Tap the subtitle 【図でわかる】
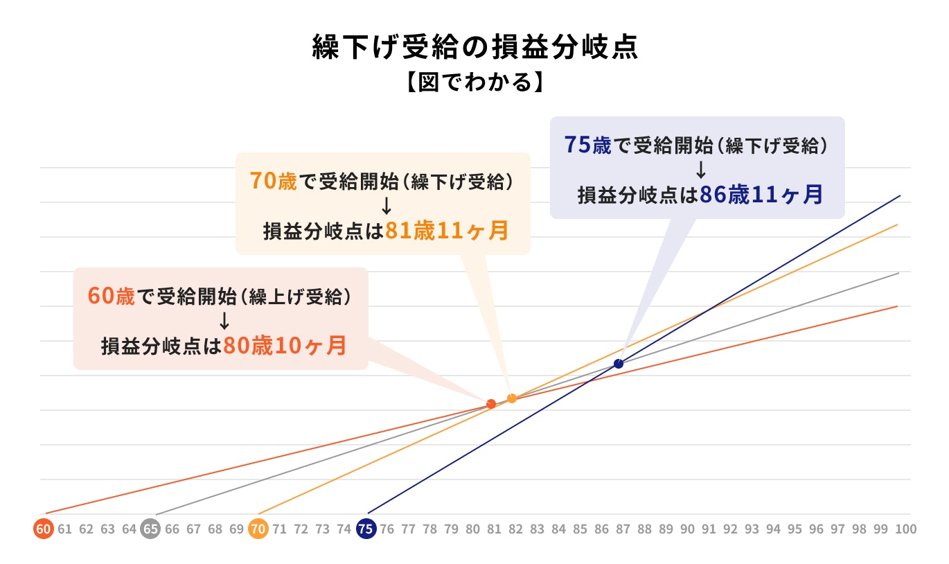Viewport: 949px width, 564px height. (474, 82)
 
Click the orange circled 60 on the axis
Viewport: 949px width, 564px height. (43, 529)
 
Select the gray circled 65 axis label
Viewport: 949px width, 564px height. (150, 529)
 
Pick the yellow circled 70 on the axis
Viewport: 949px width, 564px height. (258, 529)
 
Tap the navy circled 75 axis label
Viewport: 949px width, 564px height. (366, 529)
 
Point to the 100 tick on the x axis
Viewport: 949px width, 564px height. (905, 529)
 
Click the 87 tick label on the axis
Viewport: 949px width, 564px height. (623, 529)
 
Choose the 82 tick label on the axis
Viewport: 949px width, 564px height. (516, 529)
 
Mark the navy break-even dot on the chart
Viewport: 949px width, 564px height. (619, 364)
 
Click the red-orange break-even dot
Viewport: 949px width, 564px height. (491, 403)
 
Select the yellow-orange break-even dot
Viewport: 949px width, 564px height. (512, 398)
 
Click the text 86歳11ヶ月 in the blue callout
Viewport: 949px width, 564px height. (761, 195)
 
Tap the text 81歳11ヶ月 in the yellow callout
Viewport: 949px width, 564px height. (447, 231)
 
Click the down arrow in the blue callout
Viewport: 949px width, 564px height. (701, 170)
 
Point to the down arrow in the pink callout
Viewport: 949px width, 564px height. (224, 320)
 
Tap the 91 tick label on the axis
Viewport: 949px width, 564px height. (709, 529)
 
